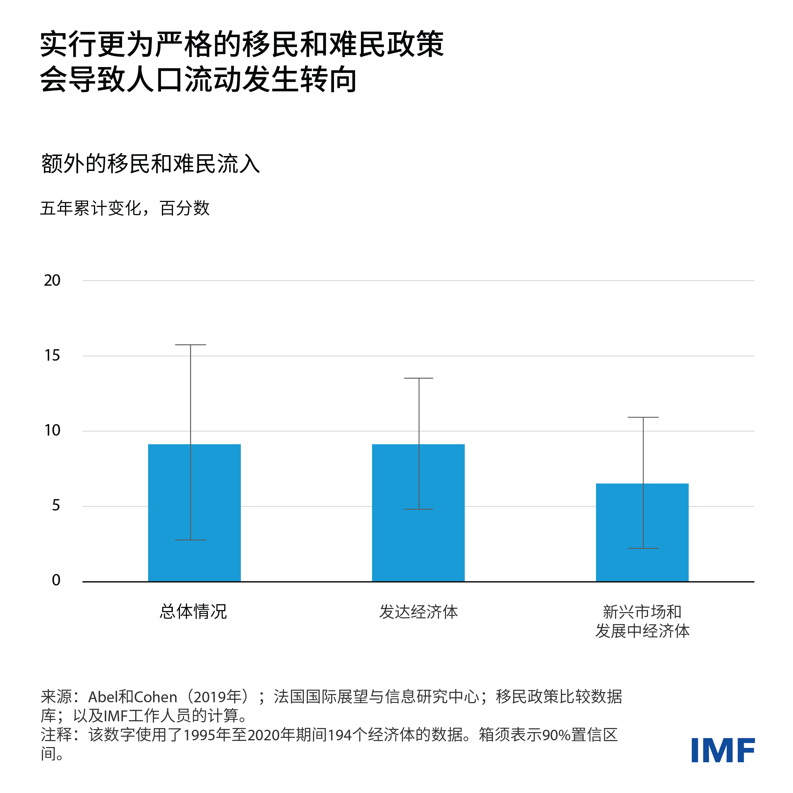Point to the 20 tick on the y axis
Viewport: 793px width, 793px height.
[52, 281]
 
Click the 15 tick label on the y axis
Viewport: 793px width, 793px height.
[52, 355]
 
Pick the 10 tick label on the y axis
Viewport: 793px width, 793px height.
[52, 431]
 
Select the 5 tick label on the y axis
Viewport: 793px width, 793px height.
[56, 506]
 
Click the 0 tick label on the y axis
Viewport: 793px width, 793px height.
[56, 580]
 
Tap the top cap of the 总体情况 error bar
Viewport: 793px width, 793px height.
[191, 345]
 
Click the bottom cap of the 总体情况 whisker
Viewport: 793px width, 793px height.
[191, 540]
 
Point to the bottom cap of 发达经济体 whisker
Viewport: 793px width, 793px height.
[419, 509]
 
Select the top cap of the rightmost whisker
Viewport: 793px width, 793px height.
[643, 417]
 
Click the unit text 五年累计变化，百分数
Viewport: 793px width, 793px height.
[125, 208]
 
